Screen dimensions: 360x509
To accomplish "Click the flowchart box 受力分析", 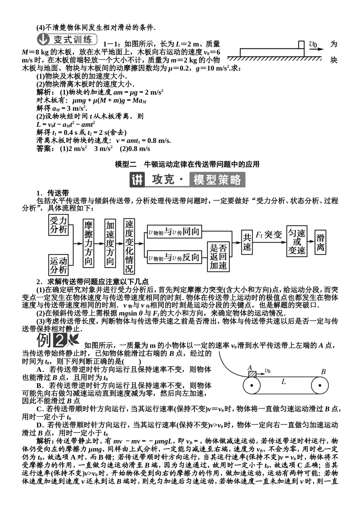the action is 58,225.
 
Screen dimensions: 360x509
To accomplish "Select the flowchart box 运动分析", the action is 58,265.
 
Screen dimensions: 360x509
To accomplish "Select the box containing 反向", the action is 174,258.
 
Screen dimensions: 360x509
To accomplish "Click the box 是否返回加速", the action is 219,257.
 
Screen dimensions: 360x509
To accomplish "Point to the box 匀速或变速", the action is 297,242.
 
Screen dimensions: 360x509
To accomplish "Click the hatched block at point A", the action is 252,373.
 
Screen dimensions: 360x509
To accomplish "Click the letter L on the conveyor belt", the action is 283,382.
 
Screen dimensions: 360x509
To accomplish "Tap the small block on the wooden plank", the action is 301,45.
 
